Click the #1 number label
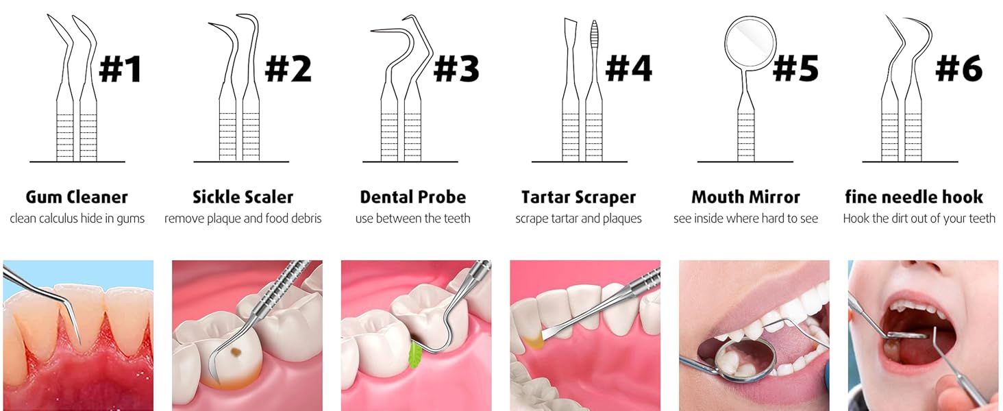pos(121,68)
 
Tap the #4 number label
pos(628,68)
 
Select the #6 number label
pos(958,68)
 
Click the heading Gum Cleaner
pos(77,197)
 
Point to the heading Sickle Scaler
pos(243,197)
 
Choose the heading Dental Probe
pos(412,197)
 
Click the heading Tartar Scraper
pos(578,197)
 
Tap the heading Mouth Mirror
pos(745,197)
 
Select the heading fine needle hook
pos(913,197)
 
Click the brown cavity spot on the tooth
pos(236,354)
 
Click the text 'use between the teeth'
pos(412,219)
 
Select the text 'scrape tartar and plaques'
pos(578,219)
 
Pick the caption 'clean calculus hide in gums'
pos(77,219)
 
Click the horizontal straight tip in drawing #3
pos(387,31)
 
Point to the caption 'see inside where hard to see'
pos(745,219)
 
